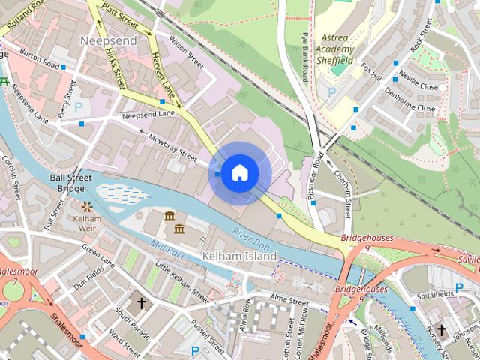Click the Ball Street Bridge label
(x=70, y=184)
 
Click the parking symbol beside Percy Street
(x=78, y=107)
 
